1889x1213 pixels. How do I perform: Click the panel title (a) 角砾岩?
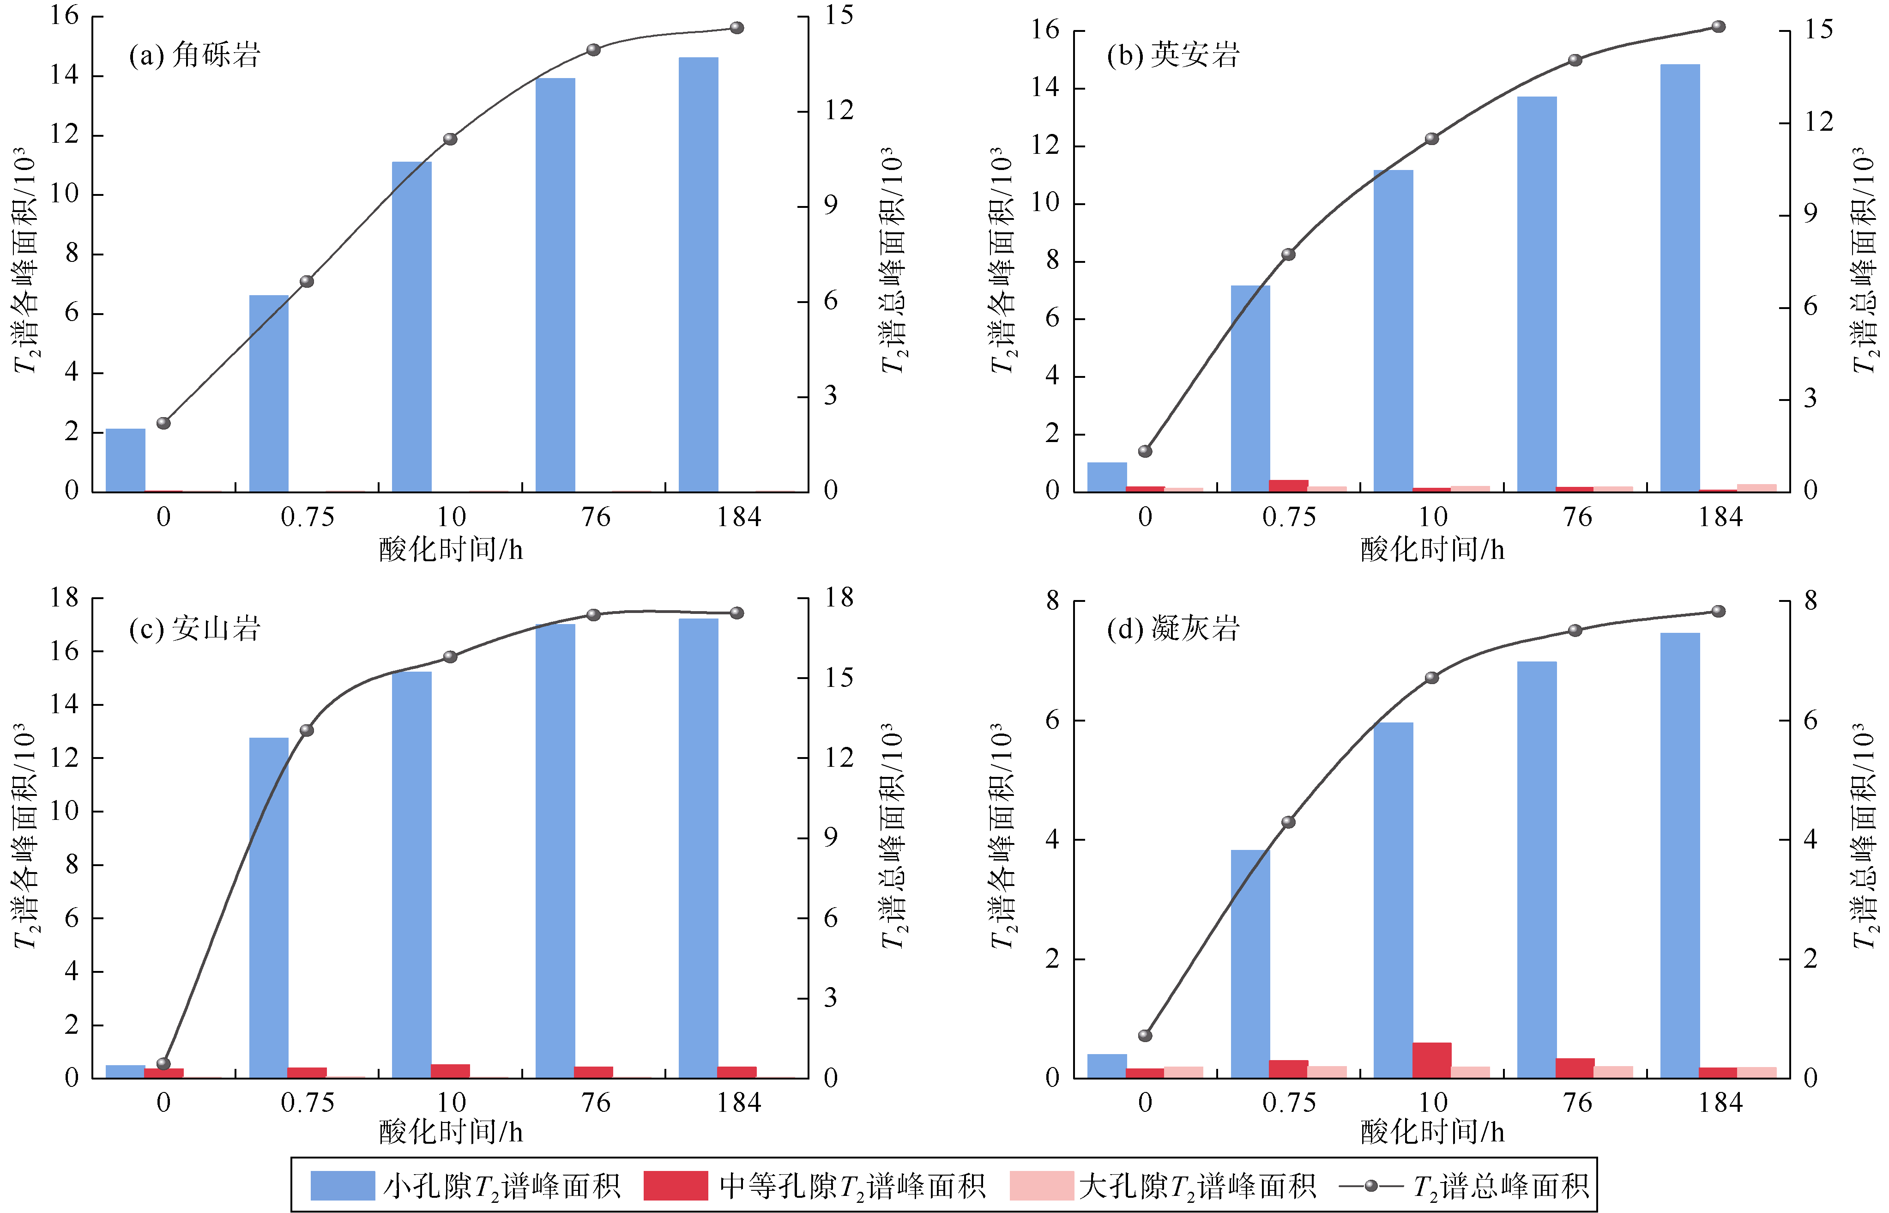(x=194, y=55)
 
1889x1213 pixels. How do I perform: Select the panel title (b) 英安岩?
(x=1173, y=55)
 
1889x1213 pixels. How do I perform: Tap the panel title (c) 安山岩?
(x=194, y=629)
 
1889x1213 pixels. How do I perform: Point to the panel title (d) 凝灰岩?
(x=1173, y=629)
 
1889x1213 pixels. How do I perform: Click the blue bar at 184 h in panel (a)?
(x=699, y=276)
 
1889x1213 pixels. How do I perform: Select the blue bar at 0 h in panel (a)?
(x=125, y=461)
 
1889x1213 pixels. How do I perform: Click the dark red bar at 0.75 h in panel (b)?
(x=1288, y=485)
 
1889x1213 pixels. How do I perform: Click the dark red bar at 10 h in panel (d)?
(x=1431, y=1060)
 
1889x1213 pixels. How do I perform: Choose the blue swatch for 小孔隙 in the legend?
(x=343, y=1185)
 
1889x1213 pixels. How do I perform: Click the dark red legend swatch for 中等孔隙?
(x=676, y=1185)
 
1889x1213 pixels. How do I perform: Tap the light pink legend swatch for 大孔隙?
(x=1041, y=1185)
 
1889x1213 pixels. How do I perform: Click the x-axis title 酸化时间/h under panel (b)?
(x=1431, y=550)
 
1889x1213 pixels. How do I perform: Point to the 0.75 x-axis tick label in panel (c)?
(x=307, y=1102)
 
